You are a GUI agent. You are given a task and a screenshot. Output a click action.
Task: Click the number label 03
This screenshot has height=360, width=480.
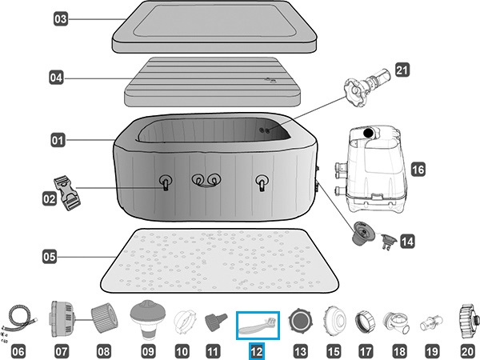[61, 18]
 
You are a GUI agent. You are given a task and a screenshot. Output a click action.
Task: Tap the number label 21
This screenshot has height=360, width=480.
[402, 71]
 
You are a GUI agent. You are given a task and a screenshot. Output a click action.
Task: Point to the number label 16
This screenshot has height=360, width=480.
[418, 170]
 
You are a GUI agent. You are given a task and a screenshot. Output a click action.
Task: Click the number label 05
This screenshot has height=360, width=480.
[50, 258]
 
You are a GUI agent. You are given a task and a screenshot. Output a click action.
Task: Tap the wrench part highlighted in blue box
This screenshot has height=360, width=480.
[258, 326]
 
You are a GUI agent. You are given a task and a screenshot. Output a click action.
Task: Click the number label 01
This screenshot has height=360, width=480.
[58, 141]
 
